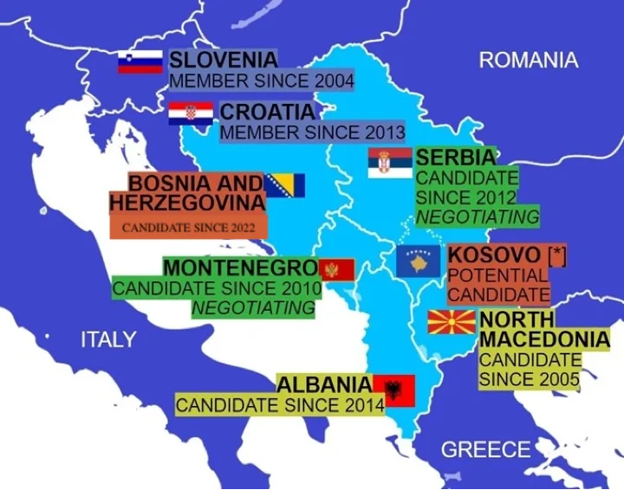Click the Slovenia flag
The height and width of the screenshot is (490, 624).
(140, 62)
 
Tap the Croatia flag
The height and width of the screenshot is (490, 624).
(191, 113)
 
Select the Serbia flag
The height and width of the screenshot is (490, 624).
(390, 163)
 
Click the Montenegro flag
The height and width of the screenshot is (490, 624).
(336, 269)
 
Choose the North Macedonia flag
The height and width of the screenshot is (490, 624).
(452, 322)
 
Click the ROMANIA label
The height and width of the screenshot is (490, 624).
(528, 60)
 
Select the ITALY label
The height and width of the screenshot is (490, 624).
(108, 339)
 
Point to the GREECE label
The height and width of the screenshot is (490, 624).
(485, 449)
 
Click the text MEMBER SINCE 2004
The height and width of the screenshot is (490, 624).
(261, 81)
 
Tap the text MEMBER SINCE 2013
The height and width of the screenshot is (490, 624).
(312, 132)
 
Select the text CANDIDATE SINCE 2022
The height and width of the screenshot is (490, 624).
(188, 229)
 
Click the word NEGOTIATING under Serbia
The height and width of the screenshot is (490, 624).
(478, 216)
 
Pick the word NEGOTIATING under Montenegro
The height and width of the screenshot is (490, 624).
(253, 307)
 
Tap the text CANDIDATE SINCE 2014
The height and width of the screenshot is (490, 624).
(280, 404)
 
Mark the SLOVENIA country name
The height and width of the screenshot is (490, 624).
(224, 60)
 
